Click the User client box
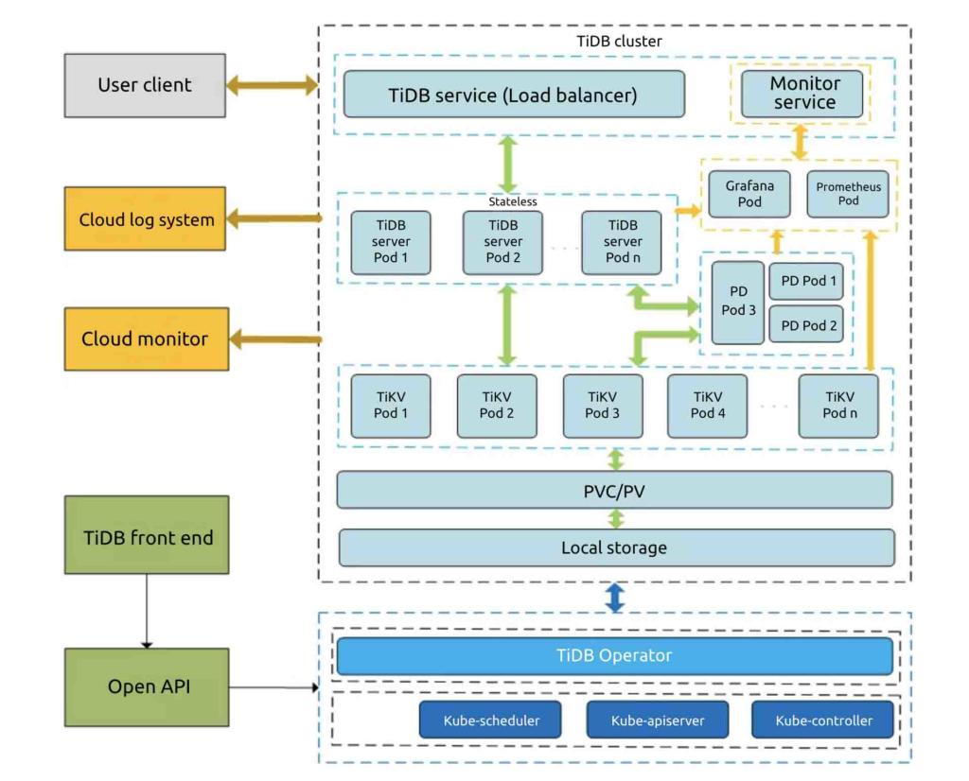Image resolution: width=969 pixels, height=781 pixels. coord(145,85)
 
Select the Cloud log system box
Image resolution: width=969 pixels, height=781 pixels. coord(145,219)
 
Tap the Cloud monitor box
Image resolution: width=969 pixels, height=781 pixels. coord(145,338)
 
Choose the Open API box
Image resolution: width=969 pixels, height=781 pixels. coord(148,686)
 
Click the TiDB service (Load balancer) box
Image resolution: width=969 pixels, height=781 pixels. coord(513,95)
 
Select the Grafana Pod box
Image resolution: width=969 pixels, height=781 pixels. coord(749,194)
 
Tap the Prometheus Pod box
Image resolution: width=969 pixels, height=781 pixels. coord(848,194)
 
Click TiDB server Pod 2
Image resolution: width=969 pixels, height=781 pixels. coord(502,242)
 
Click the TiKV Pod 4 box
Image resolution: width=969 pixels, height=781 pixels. coord(707,406)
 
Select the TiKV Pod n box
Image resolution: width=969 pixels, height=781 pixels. coord(838,406)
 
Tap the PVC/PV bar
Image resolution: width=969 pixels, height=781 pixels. coord(615,490)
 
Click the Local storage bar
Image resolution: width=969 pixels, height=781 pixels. coord(615,547)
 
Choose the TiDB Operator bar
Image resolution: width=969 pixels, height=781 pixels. coord(615,655)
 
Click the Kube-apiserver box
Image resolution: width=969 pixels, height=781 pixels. coord(657,720)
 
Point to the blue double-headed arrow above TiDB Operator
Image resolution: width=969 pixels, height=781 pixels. coord(615,598)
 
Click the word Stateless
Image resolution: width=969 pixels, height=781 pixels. coord(512,201)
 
